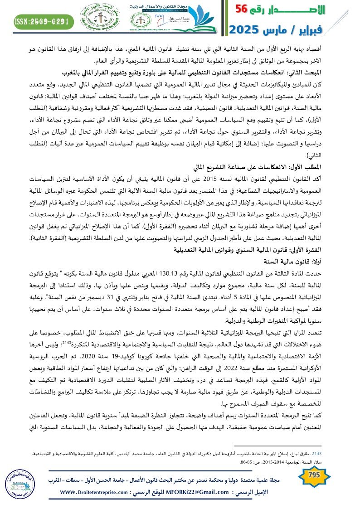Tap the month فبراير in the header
(334, 30)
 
